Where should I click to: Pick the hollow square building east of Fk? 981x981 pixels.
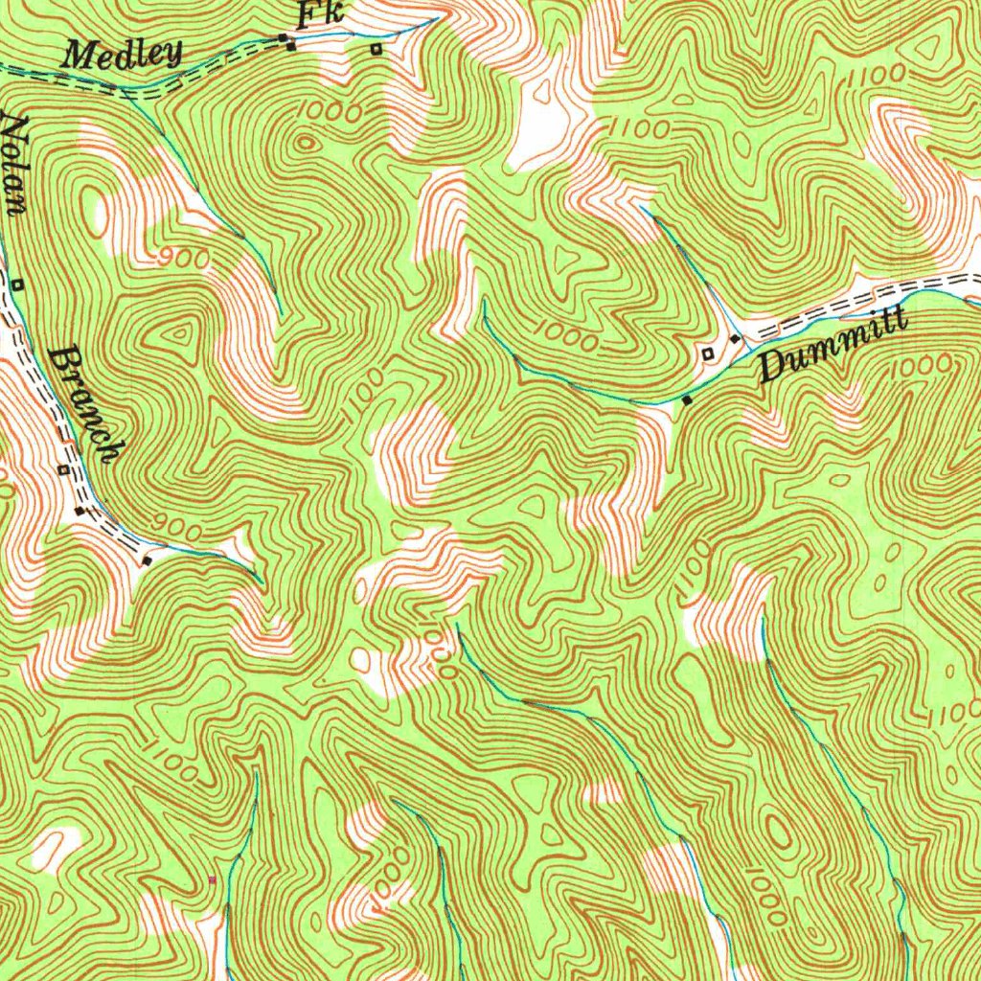click(x=376, y=48)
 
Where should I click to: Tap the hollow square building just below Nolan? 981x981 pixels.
click(x=18, y=284)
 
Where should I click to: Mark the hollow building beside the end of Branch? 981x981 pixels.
click(x=63, y=469)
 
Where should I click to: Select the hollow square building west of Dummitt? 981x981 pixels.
click(x=708, y=354)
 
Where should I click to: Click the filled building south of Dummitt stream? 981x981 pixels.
click(x=687, y=399)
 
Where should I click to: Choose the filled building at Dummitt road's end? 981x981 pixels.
click(x=735, y=339)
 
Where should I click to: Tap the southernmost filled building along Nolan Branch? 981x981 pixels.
click(x=147, y=560)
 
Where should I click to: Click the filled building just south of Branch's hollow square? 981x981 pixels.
click(x=80, y=513)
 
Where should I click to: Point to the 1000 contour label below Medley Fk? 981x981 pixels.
click(x=329, y=112)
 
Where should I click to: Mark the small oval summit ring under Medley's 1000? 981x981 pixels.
click(x=306, y=144)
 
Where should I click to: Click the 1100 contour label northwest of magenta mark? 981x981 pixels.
click(x=172, y=759)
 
